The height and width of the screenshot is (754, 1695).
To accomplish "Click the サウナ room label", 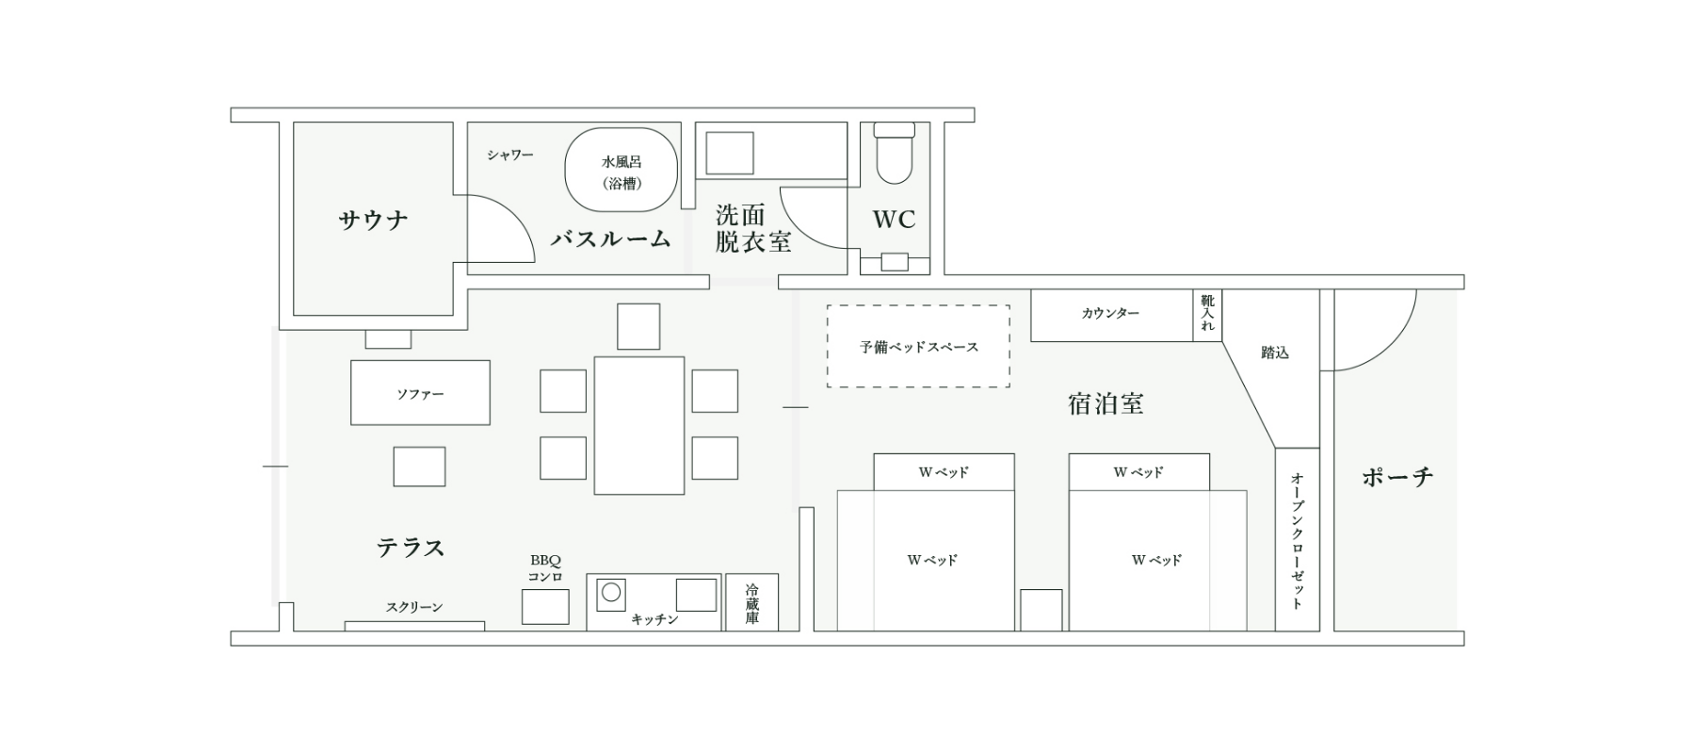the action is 373,221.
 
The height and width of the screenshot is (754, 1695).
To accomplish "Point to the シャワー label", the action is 510,155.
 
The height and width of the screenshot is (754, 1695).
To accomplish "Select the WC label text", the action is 894,220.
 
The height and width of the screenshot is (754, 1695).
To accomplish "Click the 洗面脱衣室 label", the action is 752,228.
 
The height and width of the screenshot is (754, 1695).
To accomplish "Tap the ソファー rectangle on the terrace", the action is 420,392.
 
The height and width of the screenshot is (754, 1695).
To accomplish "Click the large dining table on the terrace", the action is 638,425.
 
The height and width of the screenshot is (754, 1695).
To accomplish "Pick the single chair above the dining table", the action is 638,326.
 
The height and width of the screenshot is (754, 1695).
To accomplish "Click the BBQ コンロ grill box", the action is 545,607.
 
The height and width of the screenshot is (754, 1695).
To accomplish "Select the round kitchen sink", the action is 611,593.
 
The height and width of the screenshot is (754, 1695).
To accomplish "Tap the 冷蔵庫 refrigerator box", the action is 751,602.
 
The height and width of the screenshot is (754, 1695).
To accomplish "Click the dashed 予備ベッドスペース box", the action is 918,346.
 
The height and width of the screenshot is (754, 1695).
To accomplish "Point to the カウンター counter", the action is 1111,315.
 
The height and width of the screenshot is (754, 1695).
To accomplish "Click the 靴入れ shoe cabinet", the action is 1207,315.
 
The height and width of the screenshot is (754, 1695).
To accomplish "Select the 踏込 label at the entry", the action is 1274,352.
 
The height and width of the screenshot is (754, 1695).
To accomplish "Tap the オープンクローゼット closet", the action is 1297,539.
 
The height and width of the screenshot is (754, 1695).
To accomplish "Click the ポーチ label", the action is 1397,477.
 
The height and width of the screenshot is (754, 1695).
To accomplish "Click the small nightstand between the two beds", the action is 1041,610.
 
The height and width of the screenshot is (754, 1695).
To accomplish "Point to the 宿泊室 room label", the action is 1106,404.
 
